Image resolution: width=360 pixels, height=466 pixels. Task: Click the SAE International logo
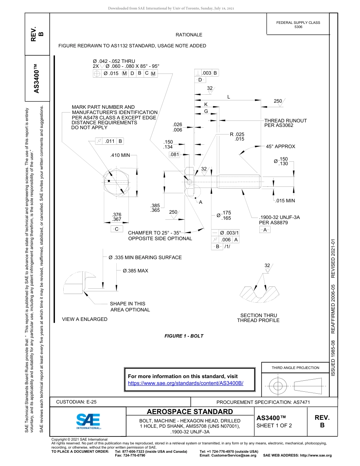point(88,421)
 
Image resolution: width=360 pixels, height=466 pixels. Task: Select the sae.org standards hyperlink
point(186,383)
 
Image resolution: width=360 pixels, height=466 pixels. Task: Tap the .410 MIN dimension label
point(120,155)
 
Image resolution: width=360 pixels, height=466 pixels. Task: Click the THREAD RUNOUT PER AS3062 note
point(285,123)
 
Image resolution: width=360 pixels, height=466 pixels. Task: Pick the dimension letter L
point(229,97)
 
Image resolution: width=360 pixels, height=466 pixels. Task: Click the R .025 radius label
point(237,134)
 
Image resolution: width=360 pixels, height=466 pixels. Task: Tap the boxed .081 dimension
point(174,155)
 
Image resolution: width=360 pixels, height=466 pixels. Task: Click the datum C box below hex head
point(117,229)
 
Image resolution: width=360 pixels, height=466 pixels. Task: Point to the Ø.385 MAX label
point(135,271)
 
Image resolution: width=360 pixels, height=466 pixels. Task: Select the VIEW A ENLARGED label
point(85,319)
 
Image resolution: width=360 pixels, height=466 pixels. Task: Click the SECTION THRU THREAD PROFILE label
point(258,318)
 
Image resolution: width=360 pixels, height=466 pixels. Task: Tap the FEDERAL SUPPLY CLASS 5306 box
point(298,25)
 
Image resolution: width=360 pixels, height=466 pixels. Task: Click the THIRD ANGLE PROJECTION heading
point(295,367)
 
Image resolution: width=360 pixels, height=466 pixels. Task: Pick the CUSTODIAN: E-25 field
point(76,402)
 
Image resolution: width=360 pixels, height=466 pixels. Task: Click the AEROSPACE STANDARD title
point(190,412)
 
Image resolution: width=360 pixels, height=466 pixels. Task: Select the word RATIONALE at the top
point(189,35)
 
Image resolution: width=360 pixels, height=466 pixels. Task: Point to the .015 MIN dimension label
point(285,201)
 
